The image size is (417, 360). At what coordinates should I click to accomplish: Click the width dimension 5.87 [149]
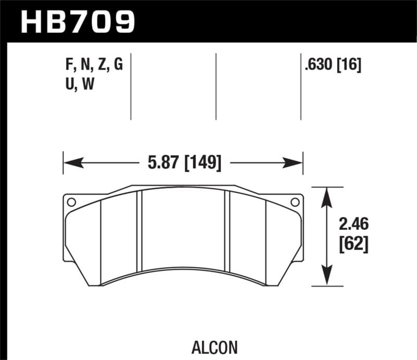tap(183, 163)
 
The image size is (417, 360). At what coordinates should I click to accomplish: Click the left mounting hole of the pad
tap(71, 202)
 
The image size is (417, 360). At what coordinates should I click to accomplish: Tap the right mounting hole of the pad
tap(295, 202)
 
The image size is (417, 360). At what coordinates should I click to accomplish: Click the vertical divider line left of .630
tap(301, 86)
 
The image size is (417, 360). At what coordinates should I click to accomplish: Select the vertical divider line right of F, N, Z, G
tap(131, 86)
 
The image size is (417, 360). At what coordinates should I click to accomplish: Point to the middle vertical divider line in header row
tap(216, 86)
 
